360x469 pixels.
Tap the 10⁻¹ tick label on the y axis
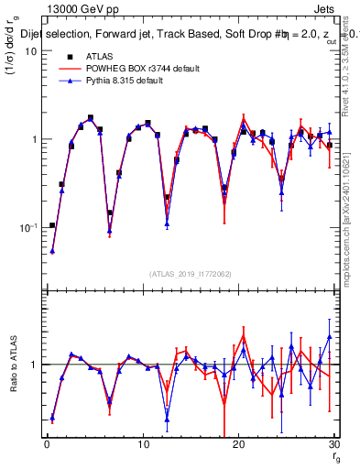coord(28,227)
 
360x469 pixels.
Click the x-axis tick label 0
coord(47,444)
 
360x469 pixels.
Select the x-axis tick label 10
coord(143,444)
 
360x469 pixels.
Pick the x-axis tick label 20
coord(238,444)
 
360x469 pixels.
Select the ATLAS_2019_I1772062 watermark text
coord(191,274)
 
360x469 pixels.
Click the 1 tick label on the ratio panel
coord(34,365)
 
